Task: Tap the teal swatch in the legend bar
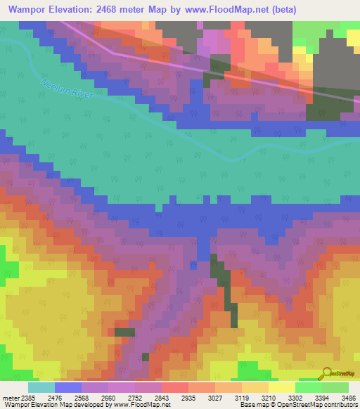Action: pyautogui.click(x=41, y=387)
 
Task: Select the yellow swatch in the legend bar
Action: pyautogui.click(x=281, y=387)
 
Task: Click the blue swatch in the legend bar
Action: pyautogui.click(x=68, y=387)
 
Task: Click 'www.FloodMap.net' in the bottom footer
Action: pyautogui.click(x=140, y=405)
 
